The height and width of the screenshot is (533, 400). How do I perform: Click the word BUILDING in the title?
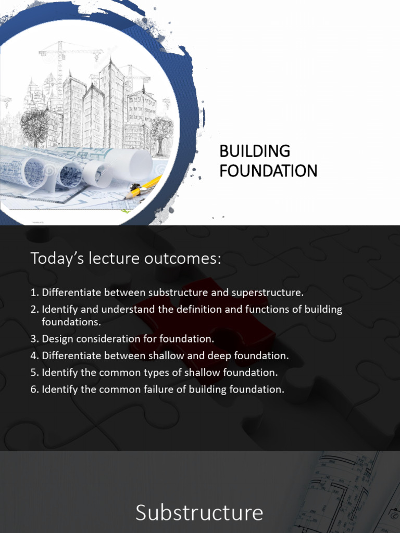pos(255,151)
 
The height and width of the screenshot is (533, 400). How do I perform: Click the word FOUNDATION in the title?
pos(268,171)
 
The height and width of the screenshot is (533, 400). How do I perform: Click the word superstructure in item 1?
pos(270,292)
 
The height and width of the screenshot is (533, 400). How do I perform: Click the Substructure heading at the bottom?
pos(199,513)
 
